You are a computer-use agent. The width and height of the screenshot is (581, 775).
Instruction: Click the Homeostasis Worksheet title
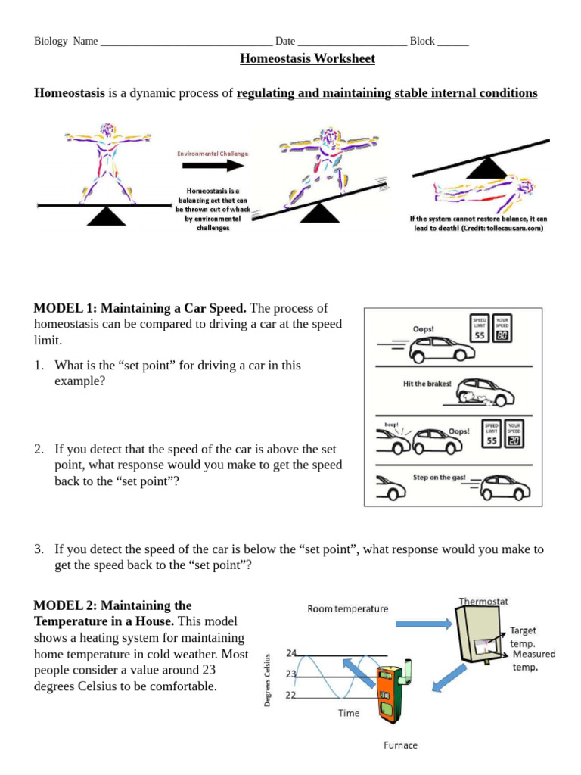297,58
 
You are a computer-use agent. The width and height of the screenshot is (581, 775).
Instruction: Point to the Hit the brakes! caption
427,384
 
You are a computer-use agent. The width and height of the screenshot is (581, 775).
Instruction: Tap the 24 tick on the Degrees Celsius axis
292,652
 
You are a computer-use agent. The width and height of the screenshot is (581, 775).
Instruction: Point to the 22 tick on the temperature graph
292,695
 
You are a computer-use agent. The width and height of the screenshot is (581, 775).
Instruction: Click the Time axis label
349,713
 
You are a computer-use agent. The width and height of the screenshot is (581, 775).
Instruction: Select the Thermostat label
483,602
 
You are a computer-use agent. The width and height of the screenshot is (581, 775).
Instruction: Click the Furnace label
400,745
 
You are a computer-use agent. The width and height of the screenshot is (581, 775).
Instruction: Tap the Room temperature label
348,608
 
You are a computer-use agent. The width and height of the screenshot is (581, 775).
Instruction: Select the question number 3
38,549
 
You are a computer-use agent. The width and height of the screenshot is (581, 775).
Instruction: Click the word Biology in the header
51,41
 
